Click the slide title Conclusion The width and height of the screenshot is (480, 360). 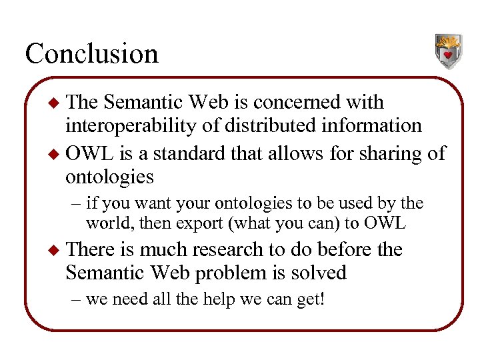(x=91, y=53)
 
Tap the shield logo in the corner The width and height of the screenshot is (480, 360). (x=449, y=51)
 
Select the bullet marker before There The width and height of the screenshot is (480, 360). (x=56, y=251)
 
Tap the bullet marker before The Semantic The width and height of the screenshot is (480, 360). (x=56, y=103)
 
